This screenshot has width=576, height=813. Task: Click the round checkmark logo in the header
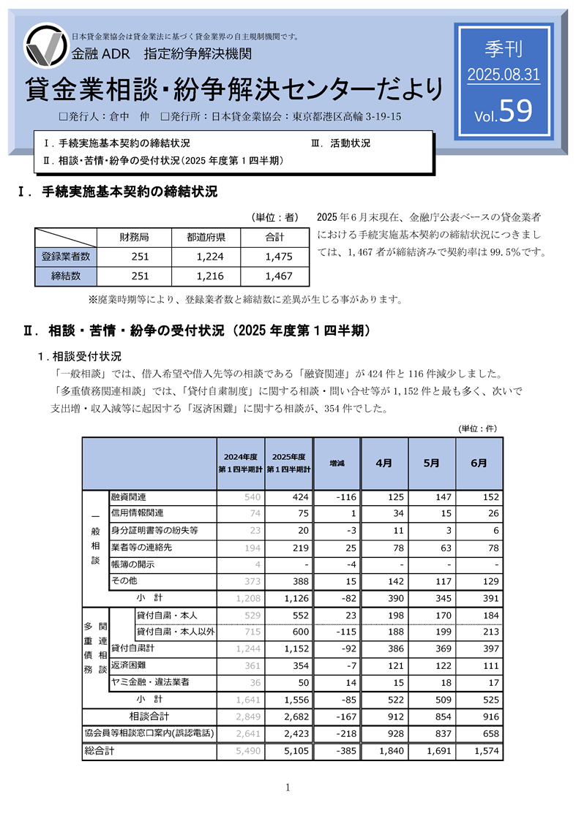tap(47, 47)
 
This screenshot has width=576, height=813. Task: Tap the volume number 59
tap(516, 111)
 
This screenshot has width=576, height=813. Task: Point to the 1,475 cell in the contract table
tap(278, 257)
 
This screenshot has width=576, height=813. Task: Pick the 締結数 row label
tap(66, 276)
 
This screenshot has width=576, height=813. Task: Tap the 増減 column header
tap(337, 464)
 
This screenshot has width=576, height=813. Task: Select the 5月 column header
tap(431, 464)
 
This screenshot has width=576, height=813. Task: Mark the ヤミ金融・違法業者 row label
tap(150, 682)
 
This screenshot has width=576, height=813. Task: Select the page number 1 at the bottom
tap(288, 787)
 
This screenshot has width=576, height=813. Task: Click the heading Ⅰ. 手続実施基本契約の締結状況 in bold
tap(117, 193)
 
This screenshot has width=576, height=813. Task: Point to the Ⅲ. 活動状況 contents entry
tap(340, 143)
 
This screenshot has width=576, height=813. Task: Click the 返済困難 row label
tap(129, 665)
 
